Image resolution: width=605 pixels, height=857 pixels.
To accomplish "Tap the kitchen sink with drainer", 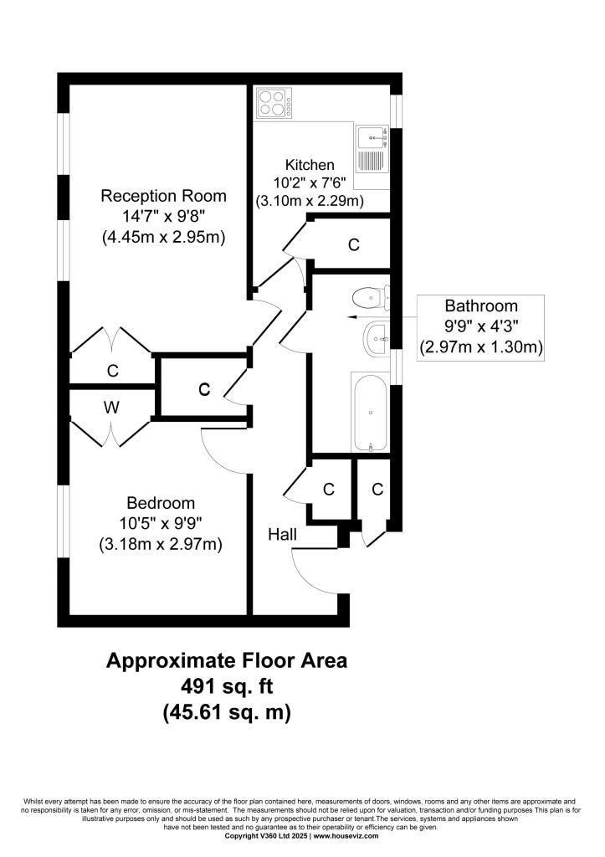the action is (x=372, y=149).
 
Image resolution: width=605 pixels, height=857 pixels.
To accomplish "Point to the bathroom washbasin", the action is (x=377, y=339).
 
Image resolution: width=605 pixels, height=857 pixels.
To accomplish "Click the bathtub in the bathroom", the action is (x=371, y=413).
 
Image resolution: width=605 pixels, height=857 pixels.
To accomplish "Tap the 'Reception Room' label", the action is (x=163, y=196).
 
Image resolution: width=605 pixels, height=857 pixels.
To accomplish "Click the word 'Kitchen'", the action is (x=310, y=165).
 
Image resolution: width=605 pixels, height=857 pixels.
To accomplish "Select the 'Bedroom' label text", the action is (x=161, y=503).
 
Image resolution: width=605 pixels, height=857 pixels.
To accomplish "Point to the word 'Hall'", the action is (x=283, y=534).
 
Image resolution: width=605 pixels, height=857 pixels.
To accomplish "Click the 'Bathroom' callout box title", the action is (x=481, y=305).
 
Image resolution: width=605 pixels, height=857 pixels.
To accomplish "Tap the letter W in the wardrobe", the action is (x=111, y=408).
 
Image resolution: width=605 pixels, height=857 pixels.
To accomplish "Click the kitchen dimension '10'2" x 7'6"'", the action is (x=310, y=182).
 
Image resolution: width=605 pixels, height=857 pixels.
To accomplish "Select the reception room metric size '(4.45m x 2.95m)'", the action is (x=163, y=238).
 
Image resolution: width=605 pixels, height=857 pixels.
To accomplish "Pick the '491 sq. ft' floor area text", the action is (x=227, y=686).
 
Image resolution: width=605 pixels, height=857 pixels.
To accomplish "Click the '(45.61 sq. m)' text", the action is (x=227, y=712).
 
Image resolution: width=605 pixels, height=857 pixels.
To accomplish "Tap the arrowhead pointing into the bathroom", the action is (x=351, y=317).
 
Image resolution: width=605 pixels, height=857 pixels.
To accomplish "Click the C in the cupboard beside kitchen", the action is (x=354, y=244).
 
